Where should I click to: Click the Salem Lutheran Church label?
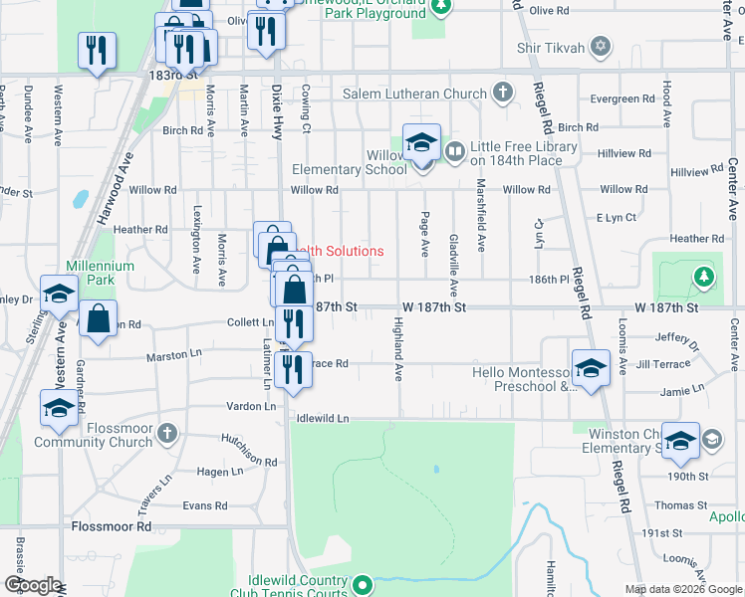(x=414, y=94)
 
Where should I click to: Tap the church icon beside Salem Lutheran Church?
(x=503, y=94)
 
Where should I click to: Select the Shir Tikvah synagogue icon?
(x=600, y=47)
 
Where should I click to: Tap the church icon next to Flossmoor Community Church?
(x=167, y=434)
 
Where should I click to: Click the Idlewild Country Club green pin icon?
(x=363, y=584)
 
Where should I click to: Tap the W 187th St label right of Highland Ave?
(x=434, y=308)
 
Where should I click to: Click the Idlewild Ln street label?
(x=324, y=419)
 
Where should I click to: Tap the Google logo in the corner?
(x=33, y=585)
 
